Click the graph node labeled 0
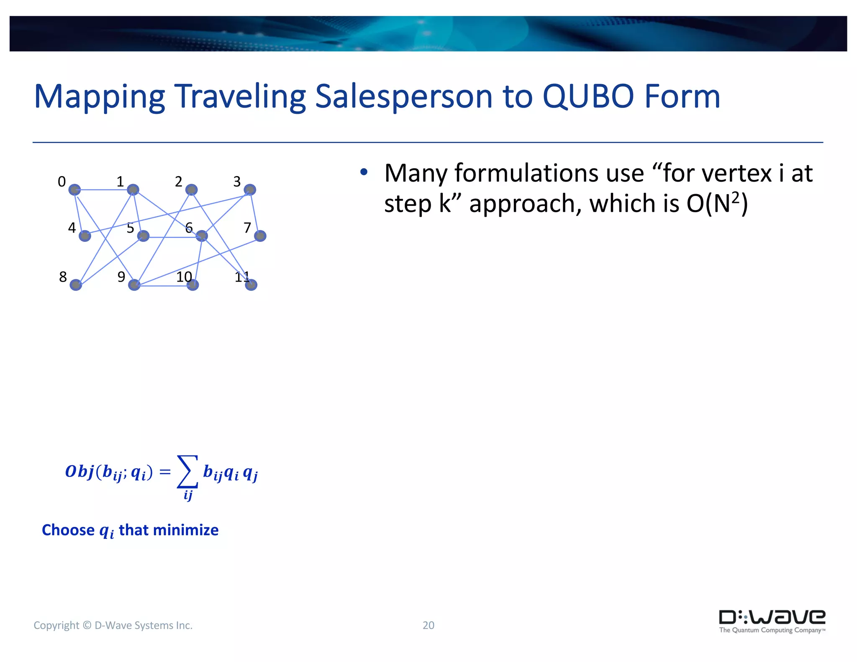74,190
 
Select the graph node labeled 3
250,190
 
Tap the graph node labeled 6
202,236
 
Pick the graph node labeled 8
76,285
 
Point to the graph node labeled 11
251,285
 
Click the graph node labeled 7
260,236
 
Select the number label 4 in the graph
72,228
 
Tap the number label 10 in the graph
184,277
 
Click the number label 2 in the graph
179,182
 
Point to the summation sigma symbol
187,472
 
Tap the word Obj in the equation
79,472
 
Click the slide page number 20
428,625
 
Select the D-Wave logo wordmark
772,618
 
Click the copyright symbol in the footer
87,625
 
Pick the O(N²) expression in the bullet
717,204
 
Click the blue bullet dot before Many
364,172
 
